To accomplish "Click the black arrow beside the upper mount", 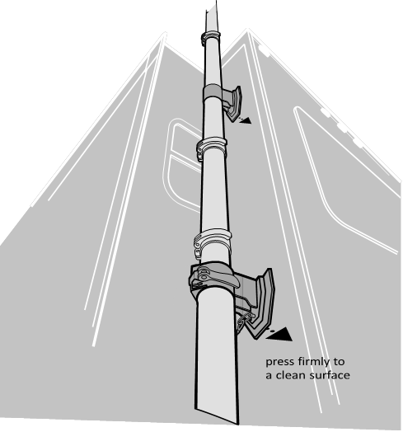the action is tap(245, 120).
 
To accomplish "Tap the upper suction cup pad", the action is tap(235, 104).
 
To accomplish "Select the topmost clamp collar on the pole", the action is tap(210, 37).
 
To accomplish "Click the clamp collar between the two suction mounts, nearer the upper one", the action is tap(211, 148).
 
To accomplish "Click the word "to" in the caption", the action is tap(339, 361).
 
